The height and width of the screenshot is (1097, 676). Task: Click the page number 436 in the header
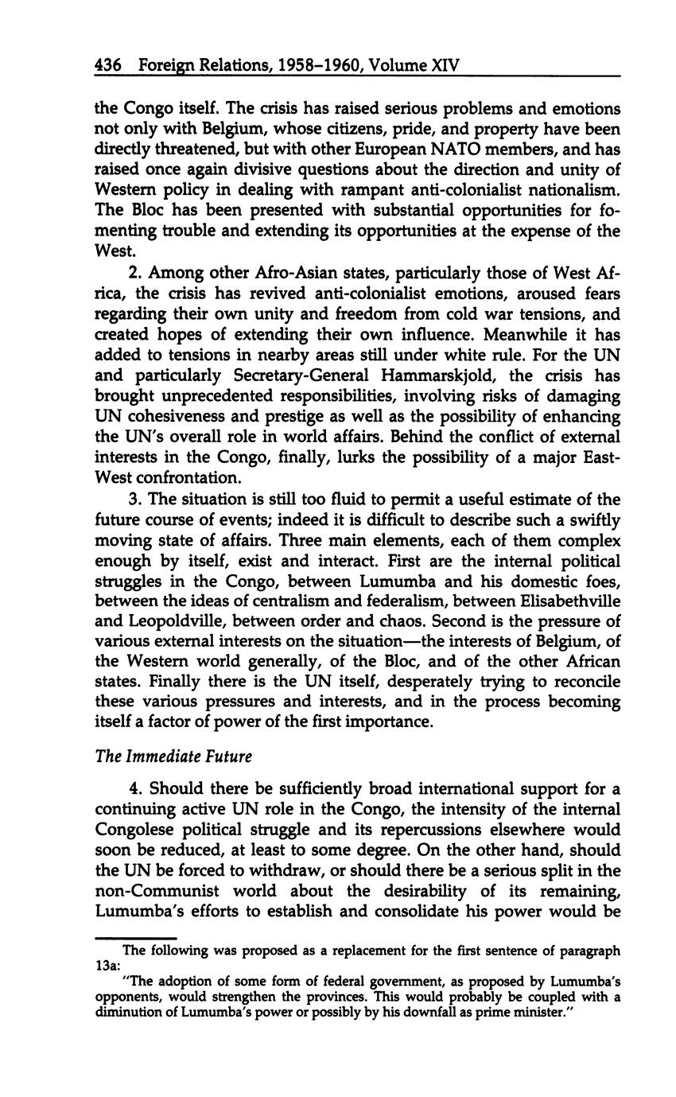point(107,64)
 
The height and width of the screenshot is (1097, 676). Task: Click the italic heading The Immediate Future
point(173,757)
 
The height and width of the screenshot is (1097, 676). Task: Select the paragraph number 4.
point(134,789)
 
